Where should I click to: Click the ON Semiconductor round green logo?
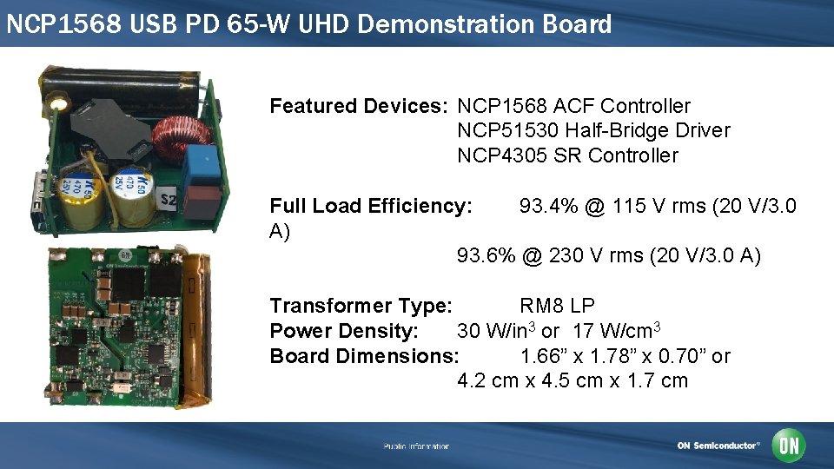pos(790,446)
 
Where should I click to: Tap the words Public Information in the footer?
pos(416,446)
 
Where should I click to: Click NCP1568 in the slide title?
pos(64,23)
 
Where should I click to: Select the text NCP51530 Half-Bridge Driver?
pos(593,130)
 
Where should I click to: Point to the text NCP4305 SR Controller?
pos(567,155)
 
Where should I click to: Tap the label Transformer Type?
pos(361,306)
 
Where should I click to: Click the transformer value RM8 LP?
pos(557,306)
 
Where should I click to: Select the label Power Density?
pos(344,331)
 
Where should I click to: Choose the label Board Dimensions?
pos(364,356)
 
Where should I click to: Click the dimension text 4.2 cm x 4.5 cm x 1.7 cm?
pos(573,380)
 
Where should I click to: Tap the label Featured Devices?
pos(359,106)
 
